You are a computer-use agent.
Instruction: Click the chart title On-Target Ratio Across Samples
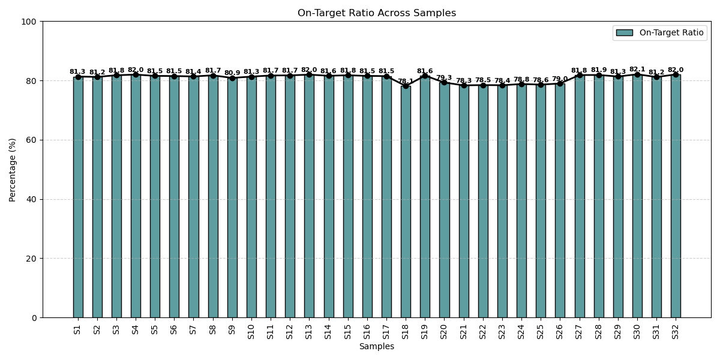(377, 13)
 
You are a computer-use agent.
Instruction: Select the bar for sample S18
(406, 204)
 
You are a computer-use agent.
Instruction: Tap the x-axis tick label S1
(77, 329)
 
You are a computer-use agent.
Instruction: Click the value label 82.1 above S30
(637, 70)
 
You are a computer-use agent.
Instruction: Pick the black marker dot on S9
(232, 78)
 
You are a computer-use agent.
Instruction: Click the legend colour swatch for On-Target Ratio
(624, 33)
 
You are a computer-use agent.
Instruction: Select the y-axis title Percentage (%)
(13, 169)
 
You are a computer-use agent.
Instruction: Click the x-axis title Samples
(377, 347)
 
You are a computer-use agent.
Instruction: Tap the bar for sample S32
(676, 198)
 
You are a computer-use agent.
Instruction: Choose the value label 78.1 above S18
(406, 81)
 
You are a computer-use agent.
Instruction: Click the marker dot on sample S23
(502, 85)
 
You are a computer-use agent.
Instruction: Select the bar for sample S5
(155, 198)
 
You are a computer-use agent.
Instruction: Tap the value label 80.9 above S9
(232, 73)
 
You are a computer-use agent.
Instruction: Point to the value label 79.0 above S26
(560, 79)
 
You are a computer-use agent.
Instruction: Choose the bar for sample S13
(309, 198)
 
